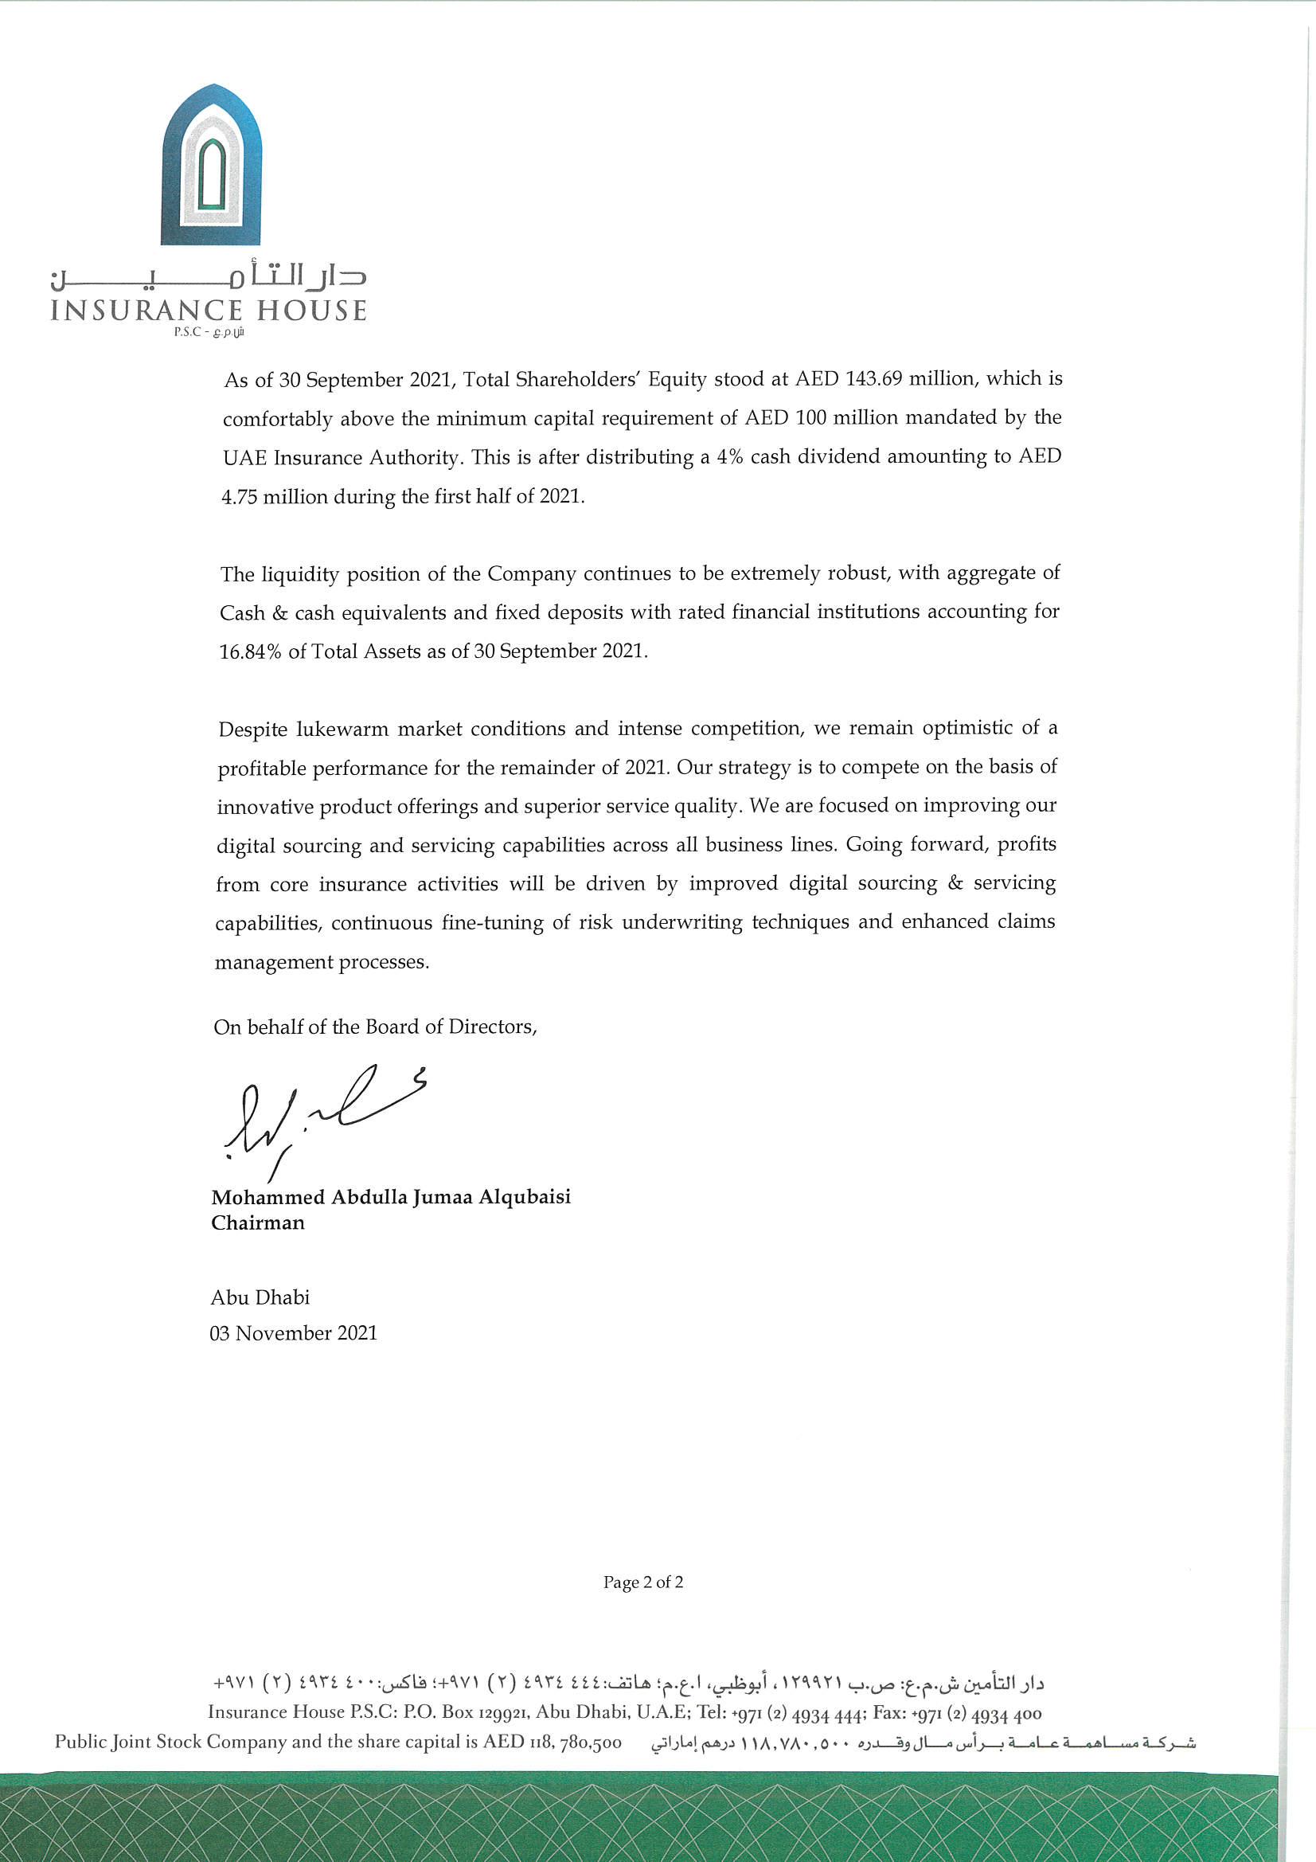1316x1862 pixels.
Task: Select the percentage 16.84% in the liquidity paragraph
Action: click(250, 652)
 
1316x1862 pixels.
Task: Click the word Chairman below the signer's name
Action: click(258, 1222)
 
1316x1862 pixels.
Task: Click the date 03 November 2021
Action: click(294, 1333)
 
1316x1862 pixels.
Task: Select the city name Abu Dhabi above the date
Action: click(260, 1297)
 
